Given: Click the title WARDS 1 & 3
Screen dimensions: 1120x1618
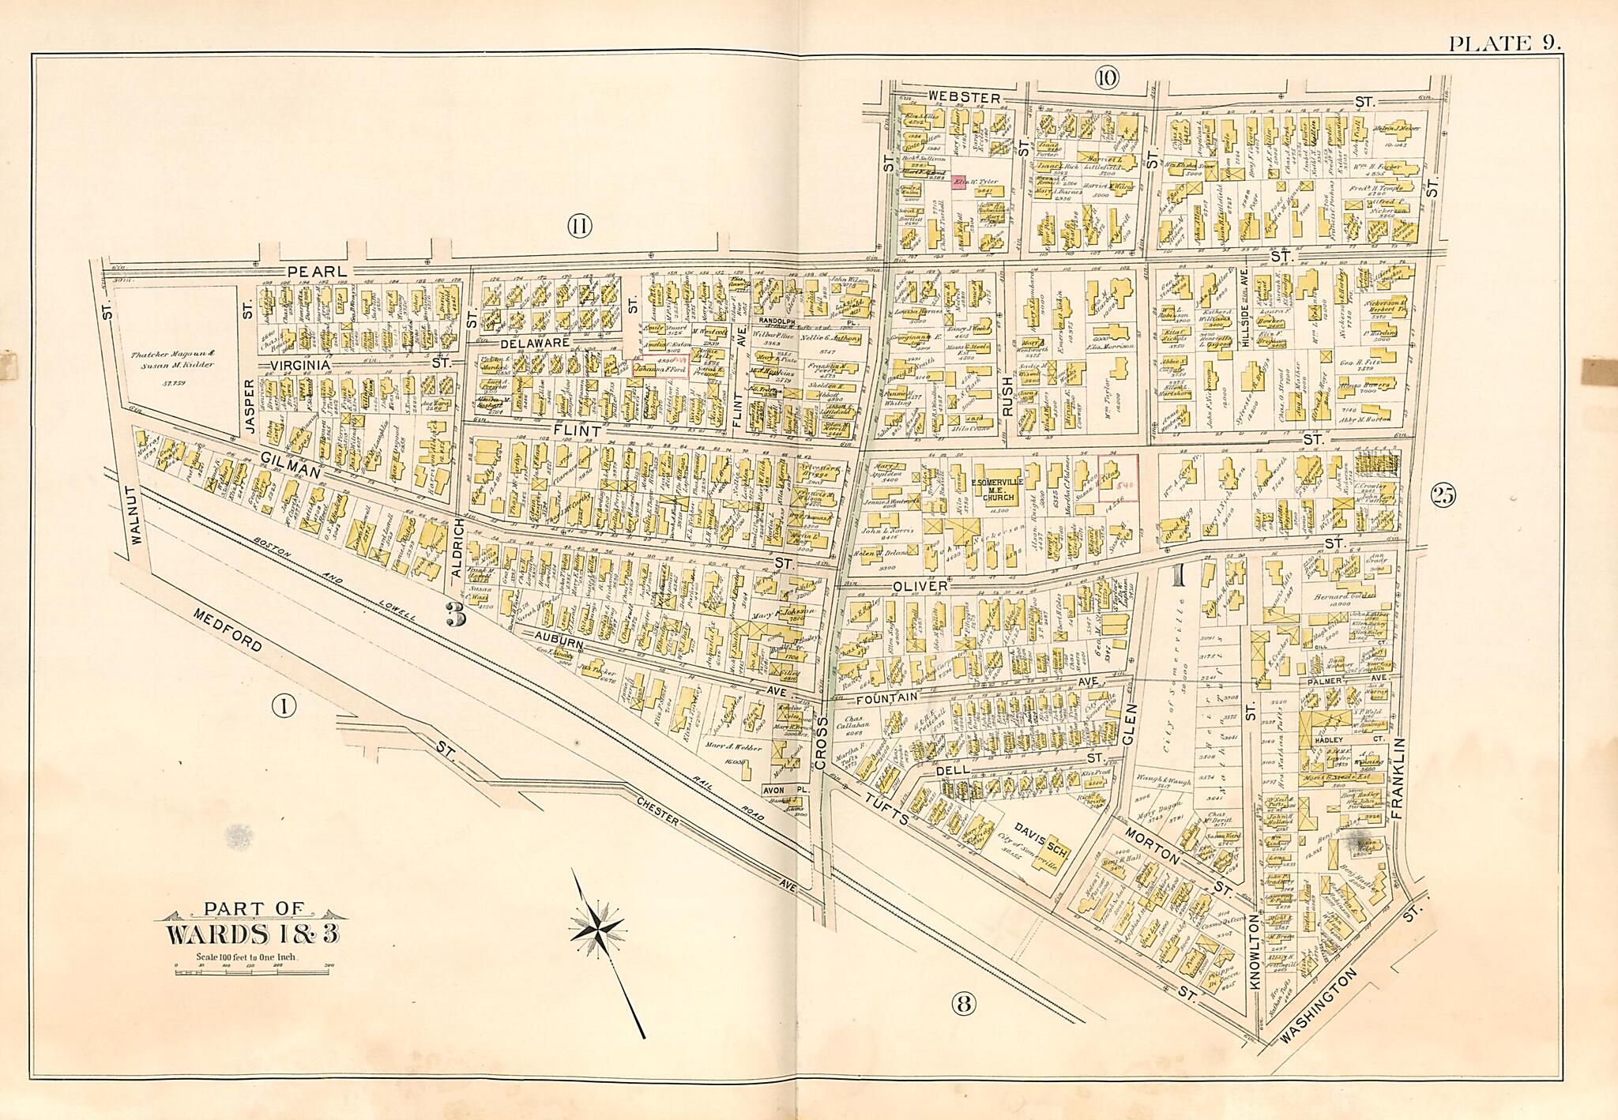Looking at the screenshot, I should [x=252, y=933].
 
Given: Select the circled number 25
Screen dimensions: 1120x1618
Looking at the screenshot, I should [x=1442, y=496].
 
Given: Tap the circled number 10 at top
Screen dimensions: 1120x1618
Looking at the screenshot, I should [x=1107, y=77].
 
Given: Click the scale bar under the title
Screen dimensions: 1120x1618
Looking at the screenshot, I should [x=253, y=972].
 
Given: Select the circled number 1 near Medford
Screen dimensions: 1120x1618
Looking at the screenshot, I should [x=284, y=705].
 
